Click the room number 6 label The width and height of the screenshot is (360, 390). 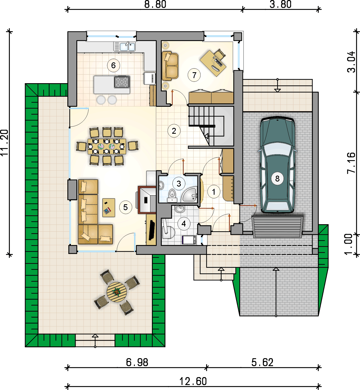coord(113,65)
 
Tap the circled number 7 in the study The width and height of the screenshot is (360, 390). coord(194,75)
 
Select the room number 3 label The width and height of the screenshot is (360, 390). coord(179,183)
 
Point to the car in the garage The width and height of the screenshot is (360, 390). coord(277,165)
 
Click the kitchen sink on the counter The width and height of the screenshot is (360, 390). coord(124,47)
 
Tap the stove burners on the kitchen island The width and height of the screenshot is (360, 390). coord(122,82)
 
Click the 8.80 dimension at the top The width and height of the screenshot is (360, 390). coord(155,4)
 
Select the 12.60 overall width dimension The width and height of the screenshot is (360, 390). coord(193,381)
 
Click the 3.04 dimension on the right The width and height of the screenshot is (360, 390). coord(351,62)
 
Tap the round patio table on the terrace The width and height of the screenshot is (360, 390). coord(117,292)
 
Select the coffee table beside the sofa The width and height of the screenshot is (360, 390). coord(109,208)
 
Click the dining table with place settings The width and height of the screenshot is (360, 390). coord(107,146)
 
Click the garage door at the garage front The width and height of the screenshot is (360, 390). coord(277,227)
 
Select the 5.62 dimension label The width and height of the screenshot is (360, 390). coord(262,362)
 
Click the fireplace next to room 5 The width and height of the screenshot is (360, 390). coord(147,200)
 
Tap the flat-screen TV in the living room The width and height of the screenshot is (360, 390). coord(152,230)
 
